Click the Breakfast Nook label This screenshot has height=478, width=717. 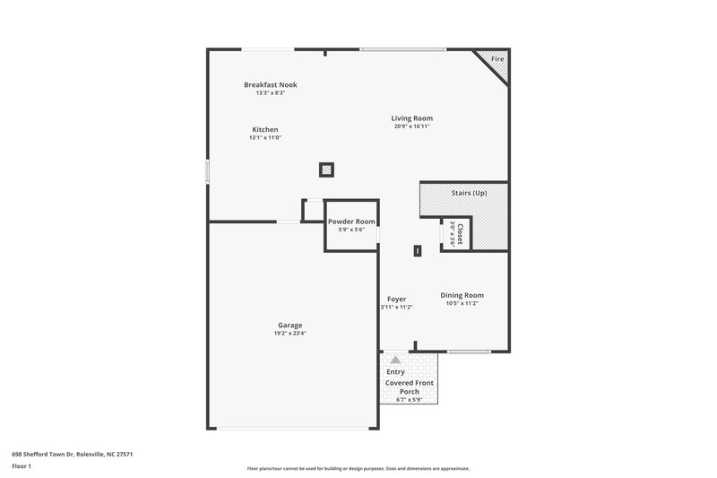pyautogui.click(x=270, y=84)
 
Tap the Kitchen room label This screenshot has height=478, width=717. pyautogui.click(x=264, y=129)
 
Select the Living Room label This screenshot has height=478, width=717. pyautogui.click(x=412, y=117)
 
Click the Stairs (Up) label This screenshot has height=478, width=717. pyautogui.click(x=469, y=193)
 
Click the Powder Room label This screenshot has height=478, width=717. pyautogui.click(x=351, y=222)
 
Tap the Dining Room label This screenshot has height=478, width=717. pyautogui.click(x=462, y=295)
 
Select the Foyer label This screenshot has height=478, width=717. pyautogui.click(x=396, y=299)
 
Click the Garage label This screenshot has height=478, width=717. pyautogui.click(x=289, y=325)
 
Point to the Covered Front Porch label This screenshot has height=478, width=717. pyautogui.click(x=409, y=387)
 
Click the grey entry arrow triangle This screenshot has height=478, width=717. pyautogui.click(x=394, y=359)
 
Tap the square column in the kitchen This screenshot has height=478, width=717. pyautogui.click(x=327, y=169)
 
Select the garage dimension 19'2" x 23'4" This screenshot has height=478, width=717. pyautogui.click(x=289, y=334)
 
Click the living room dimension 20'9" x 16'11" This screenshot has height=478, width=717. pyautogui.click(x=412, y=126)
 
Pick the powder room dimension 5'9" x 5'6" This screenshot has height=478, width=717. pyautogui.click(x=351, y=230)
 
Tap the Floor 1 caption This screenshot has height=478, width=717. pyautogui.click(x=22, y=466)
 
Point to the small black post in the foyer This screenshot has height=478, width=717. pyautogui.click(x=418, y=251)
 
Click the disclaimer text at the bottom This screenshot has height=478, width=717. pyautogui.click(x=358, y=468)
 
